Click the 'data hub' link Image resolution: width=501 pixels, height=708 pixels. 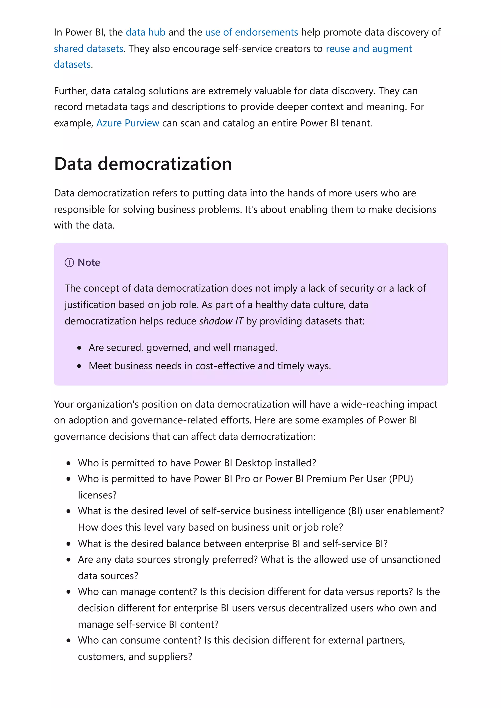coord(145,32)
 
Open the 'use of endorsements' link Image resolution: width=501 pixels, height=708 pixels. coord(251,32)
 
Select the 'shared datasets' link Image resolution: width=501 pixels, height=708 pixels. coord(89,49)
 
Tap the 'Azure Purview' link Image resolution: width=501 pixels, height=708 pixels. coord(128,123)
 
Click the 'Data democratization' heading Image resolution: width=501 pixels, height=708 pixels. coord(143,164)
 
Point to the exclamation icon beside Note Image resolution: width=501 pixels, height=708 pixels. coord(69,262)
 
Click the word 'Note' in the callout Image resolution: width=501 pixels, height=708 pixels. coord(89,262)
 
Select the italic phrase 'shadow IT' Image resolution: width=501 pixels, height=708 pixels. coord(221,321)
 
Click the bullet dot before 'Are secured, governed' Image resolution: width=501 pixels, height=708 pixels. coord(79,348)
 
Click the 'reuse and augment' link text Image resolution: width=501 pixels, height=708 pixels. coord(369,49)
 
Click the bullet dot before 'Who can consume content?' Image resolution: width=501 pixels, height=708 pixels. coord(68,641)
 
